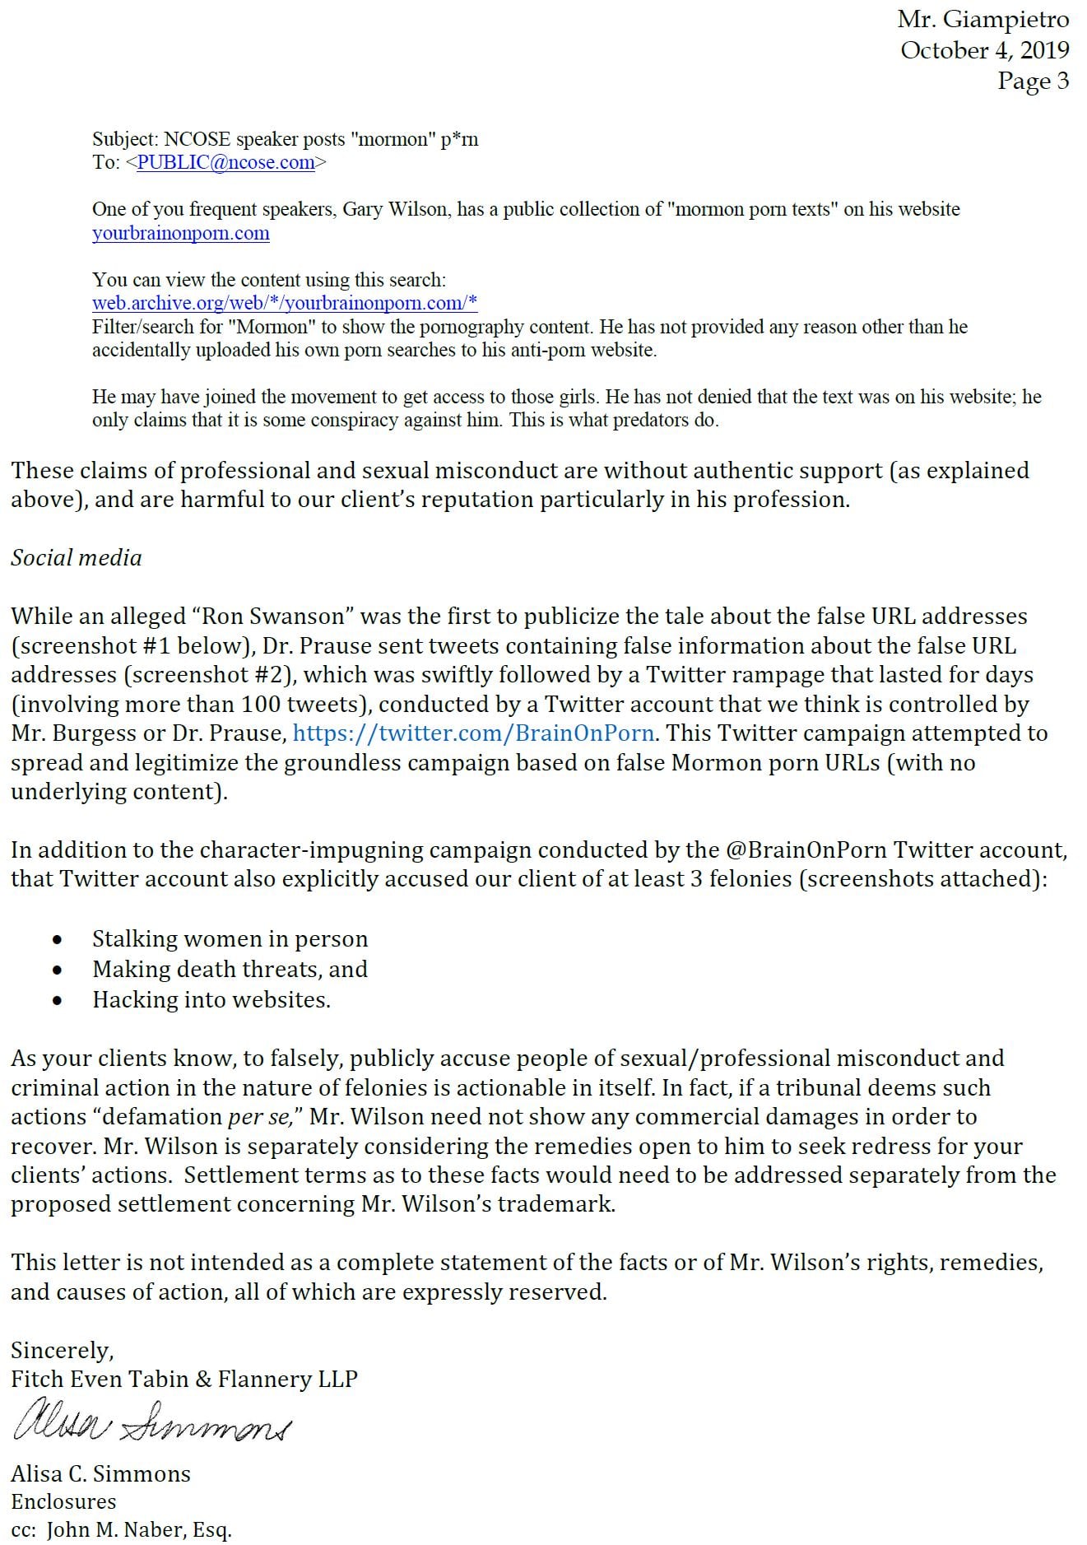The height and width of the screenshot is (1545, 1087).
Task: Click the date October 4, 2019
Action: (x=984, y=50)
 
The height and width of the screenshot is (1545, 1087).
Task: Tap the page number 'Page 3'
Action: (x=1033, y=81)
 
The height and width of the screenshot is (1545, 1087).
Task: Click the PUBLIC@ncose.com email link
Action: (x=225, y=162)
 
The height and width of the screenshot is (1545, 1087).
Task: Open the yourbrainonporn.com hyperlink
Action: (x=181, y=233)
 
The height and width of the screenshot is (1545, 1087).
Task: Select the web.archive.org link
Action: (x=285, y=303)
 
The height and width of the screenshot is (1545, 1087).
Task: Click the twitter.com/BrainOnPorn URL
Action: (x=473, y=733)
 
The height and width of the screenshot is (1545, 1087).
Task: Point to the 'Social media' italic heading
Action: (x=76, y=558)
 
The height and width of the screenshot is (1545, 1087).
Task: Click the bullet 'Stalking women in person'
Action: (x=230, y=938)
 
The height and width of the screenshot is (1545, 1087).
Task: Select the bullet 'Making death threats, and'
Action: (x=230, y=969)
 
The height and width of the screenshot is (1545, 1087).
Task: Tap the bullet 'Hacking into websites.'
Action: (x=211, y=999)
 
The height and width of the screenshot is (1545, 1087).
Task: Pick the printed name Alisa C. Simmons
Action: (x=100, y=1473)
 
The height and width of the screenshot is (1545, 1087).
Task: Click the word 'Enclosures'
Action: (x=63, y=1501)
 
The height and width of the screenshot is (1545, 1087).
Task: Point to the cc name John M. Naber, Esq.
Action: (x=139, y=1529)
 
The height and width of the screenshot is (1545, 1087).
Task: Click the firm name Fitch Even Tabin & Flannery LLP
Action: (x=184, y=1379)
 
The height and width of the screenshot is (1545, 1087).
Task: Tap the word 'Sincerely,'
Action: (x=63, y=1350)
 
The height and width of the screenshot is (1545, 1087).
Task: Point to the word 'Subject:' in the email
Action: (x=125, y=139)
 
